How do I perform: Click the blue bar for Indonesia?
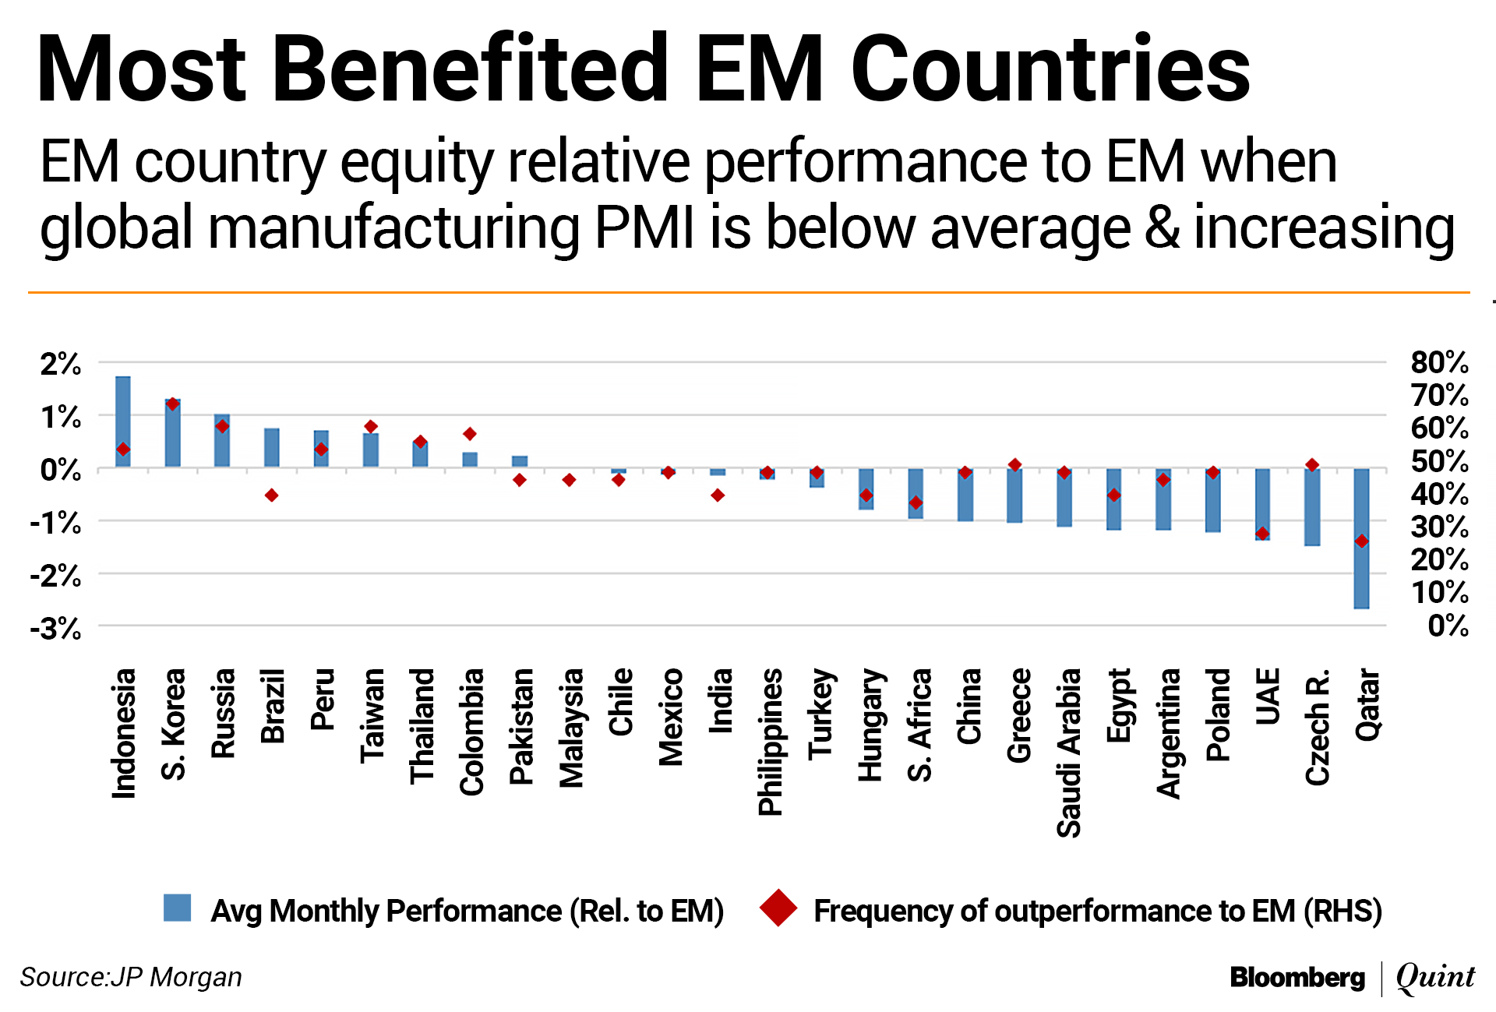[x=123, y=421]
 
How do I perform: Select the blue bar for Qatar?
[x=1361, y=538]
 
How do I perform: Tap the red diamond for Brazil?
[x=271, y=495]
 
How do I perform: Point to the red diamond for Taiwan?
[x=371, y=427]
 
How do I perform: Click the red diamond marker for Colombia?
[x=470, y=434]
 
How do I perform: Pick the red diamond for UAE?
[x=1262, y=534]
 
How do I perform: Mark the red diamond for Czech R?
[x=1312, y=465]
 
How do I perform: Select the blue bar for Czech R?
[x=1312, y=507]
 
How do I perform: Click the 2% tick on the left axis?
[x=61, y=364]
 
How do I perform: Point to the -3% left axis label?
[x=56, y=628]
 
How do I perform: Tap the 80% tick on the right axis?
[x=1439, y=362]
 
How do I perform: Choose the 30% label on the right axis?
[x=1439, y=527]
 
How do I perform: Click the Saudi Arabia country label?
[x=1069, y=753]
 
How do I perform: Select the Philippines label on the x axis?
[x=771, y=742]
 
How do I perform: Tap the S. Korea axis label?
[x=174, y=724]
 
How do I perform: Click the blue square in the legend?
[x=178, y=908]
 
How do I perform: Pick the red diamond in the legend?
[x=778, y=908]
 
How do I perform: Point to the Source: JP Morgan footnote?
[x=131, y=977]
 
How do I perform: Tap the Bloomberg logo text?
[x=1297, y=977]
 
